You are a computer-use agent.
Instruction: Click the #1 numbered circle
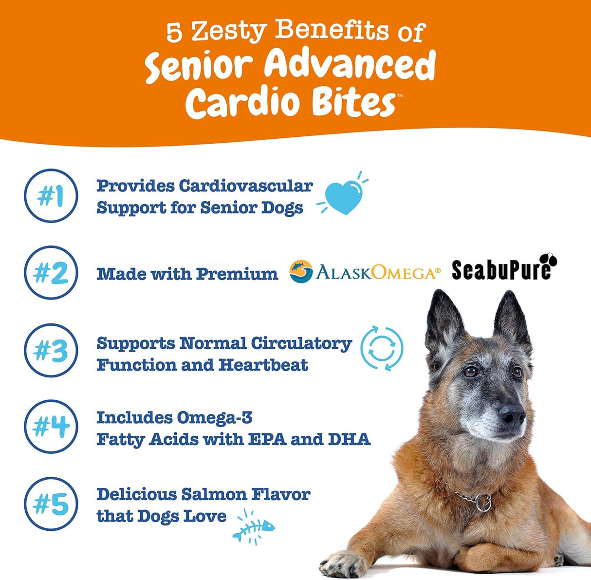(x=51, y=196)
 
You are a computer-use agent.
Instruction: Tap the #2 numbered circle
(x=51, y=273)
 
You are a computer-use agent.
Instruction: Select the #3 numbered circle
(x=51, y=350)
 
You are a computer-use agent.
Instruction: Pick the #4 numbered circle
(x=51, y=427)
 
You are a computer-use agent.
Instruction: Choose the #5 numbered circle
(x=51, y=504)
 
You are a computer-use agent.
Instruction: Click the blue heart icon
(x=344, y=198)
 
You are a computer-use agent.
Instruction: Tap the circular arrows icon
(x=382, y=348)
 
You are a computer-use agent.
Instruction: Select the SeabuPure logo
(x=504, y=268)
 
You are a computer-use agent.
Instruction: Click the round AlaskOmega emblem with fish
(x=301, y=272)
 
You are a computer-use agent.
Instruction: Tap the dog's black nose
(x=513, y=416)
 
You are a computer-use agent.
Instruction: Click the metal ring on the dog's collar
(x=483, y=503)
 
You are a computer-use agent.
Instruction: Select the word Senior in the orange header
(x=197, y=67)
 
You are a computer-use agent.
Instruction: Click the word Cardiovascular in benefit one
(x=246, y=186)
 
